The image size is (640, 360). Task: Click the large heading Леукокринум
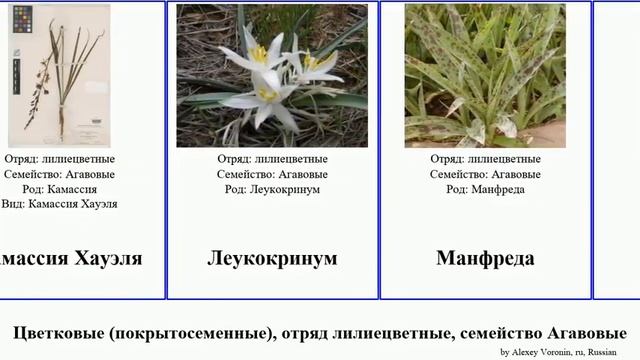tap(272, 258)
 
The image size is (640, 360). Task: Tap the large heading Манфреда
tap(485, 258)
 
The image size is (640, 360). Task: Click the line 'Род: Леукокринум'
tap(272, 188)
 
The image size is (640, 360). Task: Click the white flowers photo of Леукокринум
tap(272, 76)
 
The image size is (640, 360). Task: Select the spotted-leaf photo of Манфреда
tap(485, 76)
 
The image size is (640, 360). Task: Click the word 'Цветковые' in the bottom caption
tap(62, 332)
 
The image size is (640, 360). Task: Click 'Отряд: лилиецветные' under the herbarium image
tap(60, 159)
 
